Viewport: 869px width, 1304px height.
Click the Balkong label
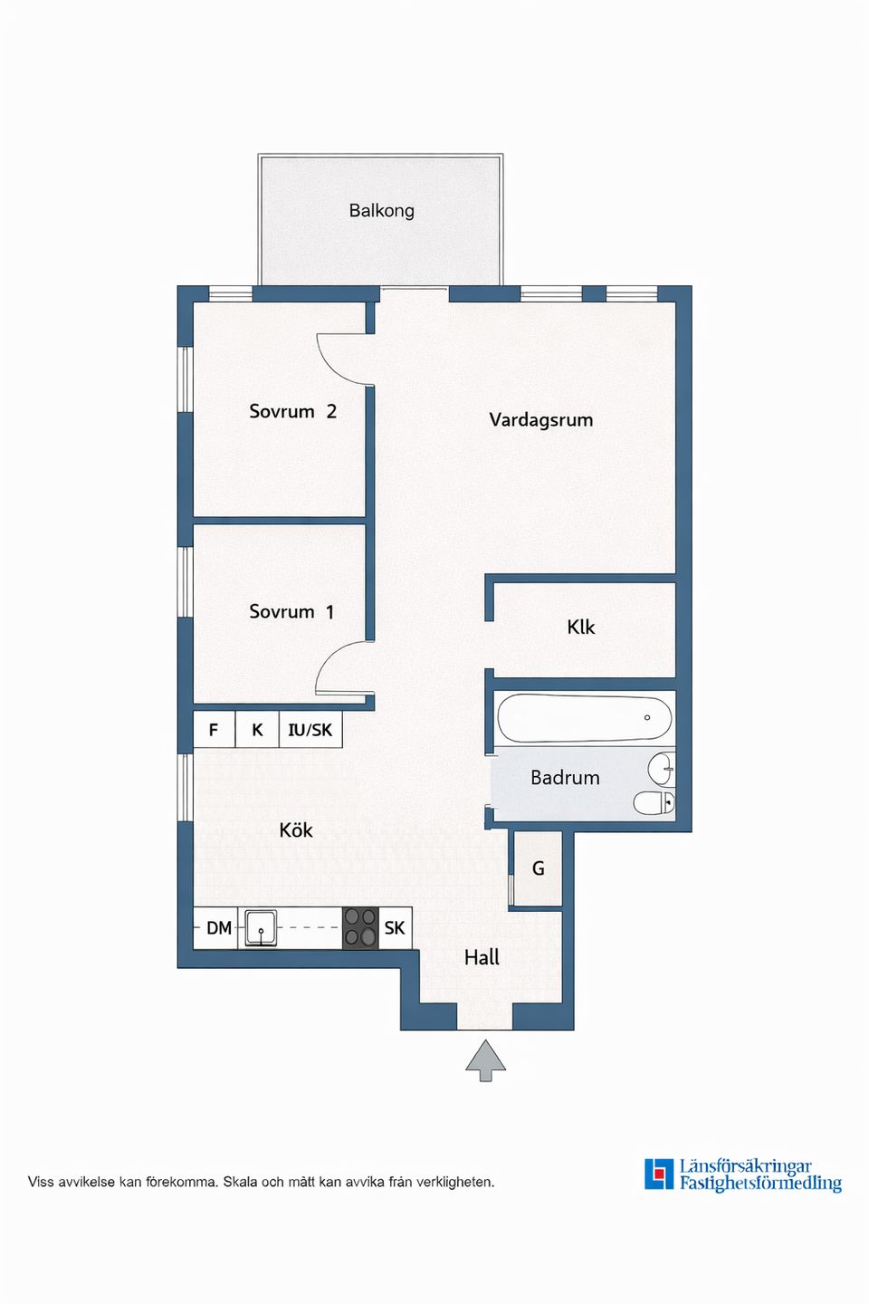point(381,210)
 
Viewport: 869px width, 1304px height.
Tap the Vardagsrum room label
point(540,420)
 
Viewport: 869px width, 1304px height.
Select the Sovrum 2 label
point(292,411)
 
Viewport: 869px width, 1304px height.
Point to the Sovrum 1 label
point(291,612)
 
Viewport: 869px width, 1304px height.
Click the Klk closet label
point(581,627)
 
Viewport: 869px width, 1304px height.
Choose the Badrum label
point(565,778)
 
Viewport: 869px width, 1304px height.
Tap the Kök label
point(296,829)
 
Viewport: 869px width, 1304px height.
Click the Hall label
point(482,958)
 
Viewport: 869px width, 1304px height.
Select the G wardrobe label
point(539,868)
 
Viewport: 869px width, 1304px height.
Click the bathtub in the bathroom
point(585,718)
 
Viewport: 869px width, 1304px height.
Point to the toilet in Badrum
point(654,803)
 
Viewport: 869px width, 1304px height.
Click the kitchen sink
point(261,928)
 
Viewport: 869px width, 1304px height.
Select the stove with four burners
point(360,928)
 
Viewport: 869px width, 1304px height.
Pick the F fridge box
point(214,730)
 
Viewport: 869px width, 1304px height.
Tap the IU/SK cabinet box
point(310,730)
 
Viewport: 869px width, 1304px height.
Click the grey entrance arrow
point(485,1060)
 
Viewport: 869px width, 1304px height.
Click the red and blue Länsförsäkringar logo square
point(659,1175)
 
